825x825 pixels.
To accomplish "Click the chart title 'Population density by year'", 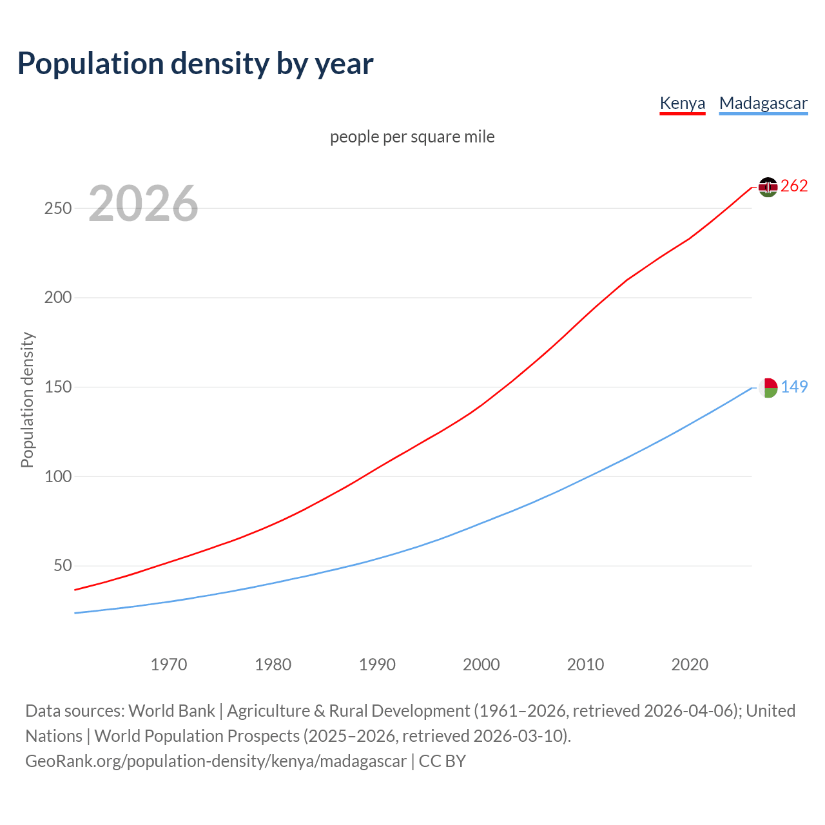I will [195, 64].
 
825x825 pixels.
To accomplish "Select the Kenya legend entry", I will [682, 103].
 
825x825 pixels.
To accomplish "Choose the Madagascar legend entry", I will [763, 103].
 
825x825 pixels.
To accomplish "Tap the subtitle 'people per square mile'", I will [412, 137].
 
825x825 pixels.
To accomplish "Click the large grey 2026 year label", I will [143, 204].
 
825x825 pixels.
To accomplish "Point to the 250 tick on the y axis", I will [57, 209].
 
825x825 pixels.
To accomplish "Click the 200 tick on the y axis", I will [57, 298].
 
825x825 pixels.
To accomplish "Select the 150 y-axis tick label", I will [57, 387].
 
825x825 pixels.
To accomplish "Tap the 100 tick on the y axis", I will [57, 477].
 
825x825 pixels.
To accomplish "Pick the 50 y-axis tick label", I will [62, 566].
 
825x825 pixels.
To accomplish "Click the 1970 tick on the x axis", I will [169, 665].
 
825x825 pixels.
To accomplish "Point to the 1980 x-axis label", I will [273, 665].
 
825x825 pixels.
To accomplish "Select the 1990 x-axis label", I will [377, 665].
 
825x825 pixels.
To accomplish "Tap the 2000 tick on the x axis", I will [481, 665].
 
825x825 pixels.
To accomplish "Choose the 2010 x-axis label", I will [585, 665].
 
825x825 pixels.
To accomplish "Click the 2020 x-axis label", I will [690, 665].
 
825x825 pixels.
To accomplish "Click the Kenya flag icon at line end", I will [768, 187].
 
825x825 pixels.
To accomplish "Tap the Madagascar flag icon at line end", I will [768, 387].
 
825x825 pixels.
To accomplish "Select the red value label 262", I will [794, 186].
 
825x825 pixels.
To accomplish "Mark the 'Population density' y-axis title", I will [27, 400].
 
